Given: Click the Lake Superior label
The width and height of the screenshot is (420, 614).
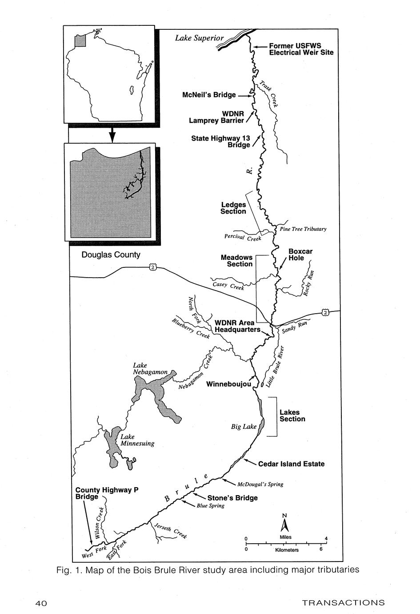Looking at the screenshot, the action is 199,38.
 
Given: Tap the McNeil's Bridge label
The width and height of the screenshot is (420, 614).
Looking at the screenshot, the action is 209,95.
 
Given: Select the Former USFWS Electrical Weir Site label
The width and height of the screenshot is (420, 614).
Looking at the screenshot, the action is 301,49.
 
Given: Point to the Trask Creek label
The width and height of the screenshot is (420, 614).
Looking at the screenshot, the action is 269,94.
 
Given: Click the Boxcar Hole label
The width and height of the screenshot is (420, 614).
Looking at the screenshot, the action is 300,254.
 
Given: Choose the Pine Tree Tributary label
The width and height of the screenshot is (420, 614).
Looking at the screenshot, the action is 303,229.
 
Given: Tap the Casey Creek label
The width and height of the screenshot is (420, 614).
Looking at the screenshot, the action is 228,286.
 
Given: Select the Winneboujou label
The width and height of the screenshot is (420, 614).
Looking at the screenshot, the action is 228,384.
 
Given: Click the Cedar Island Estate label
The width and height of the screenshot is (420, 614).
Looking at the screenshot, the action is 291,464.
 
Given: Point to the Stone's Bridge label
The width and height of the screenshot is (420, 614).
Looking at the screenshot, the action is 232,498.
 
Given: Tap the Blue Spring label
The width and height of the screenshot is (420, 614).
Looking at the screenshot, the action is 211,506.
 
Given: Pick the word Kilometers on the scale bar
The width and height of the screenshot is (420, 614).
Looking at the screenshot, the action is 287,550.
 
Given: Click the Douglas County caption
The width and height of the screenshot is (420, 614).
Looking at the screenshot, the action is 111,254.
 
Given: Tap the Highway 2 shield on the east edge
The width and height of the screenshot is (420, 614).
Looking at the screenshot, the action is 325,312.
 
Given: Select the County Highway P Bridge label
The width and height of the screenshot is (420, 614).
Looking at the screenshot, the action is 107,493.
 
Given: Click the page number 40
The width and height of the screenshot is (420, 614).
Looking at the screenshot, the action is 41,603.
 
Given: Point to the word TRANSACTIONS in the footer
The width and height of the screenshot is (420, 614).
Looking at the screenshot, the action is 344,603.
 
